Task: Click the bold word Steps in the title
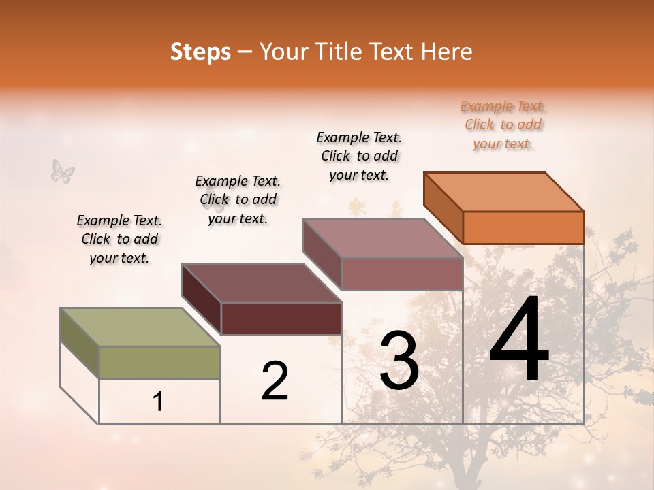[x=200, y=52]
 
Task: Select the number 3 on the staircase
[x=399, y=361]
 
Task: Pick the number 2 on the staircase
[x=275, y=380]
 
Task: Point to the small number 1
[x=158, y=402]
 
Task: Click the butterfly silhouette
[x=63, y=171]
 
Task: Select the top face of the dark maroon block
[x=262, y=282]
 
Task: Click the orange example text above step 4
[x=503, y=125]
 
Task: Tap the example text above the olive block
[x=119, y=239]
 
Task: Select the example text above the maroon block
[x=238, y=199]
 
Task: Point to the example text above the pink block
[x=359, y=156]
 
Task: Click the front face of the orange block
[x=523, y=227]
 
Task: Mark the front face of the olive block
[x=159, y=362]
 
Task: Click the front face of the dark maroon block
[x=281, y=318]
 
